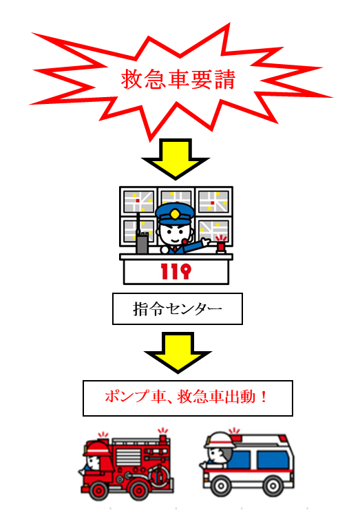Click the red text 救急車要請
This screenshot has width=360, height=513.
click(178, 79)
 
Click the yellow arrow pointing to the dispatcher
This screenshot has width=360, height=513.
click(176, 159)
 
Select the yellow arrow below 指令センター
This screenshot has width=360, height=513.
click(178, 353)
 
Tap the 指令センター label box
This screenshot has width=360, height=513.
click(177, 309)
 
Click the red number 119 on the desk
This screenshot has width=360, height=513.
click(176, 271)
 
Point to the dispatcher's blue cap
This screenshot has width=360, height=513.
click(175, 213)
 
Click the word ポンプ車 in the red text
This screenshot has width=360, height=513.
click(134, 397)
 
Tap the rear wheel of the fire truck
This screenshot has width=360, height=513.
click(139, 490)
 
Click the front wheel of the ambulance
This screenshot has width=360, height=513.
click(221, 485)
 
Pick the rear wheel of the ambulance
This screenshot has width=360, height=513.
click(273, 485)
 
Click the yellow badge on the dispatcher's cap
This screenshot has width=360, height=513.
click(175, 215)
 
